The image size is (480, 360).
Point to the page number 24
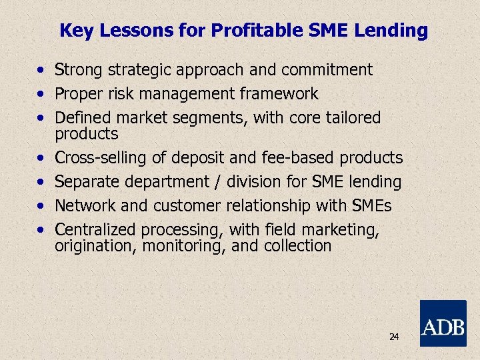coord(393,337)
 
